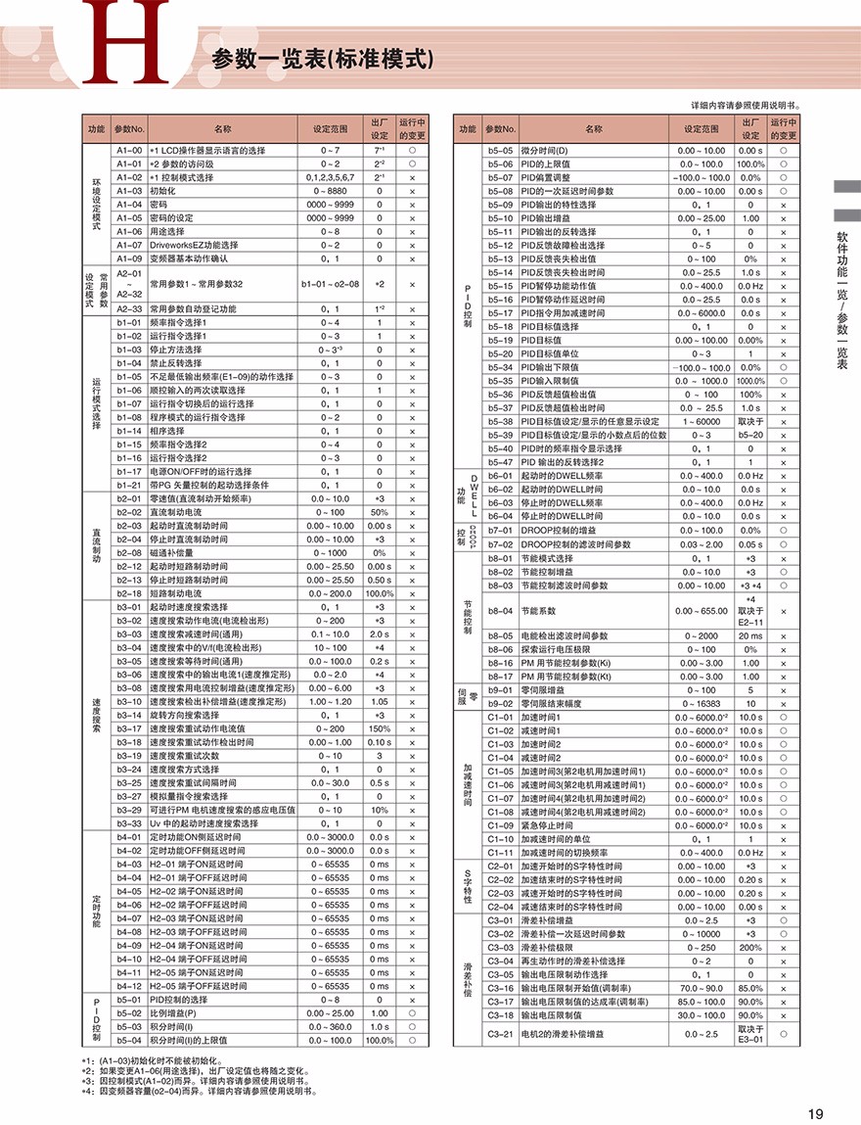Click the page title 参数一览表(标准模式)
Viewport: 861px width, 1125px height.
[x=322, y=59]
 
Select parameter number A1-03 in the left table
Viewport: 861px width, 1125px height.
[x=129, y=191]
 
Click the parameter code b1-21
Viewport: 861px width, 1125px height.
[x=129, y=485]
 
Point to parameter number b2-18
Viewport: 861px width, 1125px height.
[x=129, y=593]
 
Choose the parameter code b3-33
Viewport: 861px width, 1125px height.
[x=129, y=823]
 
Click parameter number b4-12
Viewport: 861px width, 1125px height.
[x=129, y=986]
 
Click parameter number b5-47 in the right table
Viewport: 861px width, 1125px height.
[x=500, y=461]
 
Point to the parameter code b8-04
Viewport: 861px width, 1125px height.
[x=500, y=610]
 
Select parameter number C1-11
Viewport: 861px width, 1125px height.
[x=500, y=853]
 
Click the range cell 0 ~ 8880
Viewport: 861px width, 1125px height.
[x=330, y=191]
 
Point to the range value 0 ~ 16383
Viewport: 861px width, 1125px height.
[x=701, y=704]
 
